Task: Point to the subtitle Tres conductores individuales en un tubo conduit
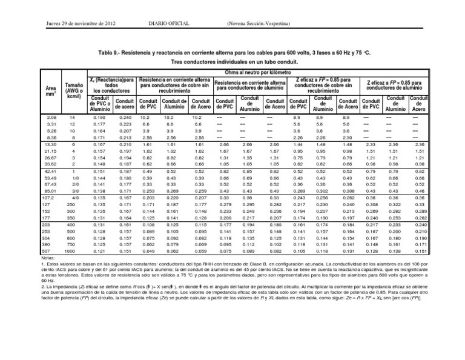[232, 63]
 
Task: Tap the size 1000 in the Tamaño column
[71, 250]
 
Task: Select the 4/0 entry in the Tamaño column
[73, 197]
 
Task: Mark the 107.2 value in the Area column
[49, 197]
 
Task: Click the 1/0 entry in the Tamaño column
[73, 179]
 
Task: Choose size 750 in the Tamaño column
[71, 244]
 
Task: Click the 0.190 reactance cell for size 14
[97, 116]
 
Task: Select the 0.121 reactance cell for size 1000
[97, 250]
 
